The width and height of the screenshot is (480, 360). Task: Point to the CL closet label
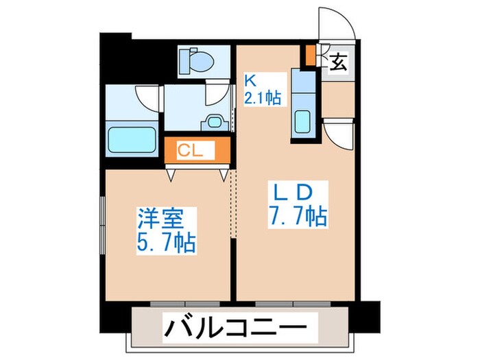189,150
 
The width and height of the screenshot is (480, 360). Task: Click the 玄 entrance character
338,62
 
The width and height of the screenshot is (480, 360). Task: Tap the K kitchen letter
250,80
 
